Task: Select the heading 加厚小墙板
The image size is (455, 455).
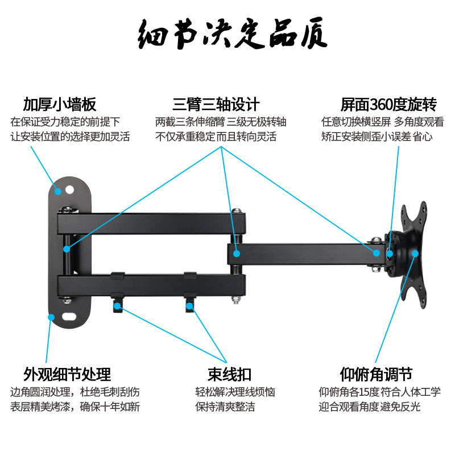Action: click(x=59, y=105)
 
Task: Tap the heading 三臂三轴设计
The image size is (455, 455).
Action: click(x=216, y=105)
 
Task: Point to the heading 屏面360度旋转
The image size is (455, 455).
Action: click(x=388, y=105)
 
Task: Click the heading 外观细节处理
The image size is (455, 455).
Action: click(x=67, y=374)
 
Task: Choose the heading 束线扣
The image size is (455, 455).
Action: click(x=229, y=374)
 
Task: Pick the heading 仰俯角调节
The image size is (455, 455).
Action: click(x=376, y=374)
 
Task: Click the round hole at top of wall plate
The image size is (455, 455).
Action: click(x=71, y=187)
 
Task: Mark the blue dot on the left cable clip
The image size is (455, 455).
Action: click(x=118, y=306)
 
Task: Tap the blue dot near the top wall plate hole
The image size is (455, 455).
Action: click(x=57, y=191)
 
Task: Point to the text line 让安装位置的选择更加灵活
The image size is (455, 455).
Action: click(x=71, y=136)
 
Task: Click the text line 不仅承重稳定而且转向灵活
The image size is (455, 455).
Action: click(x=216, y=136)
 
